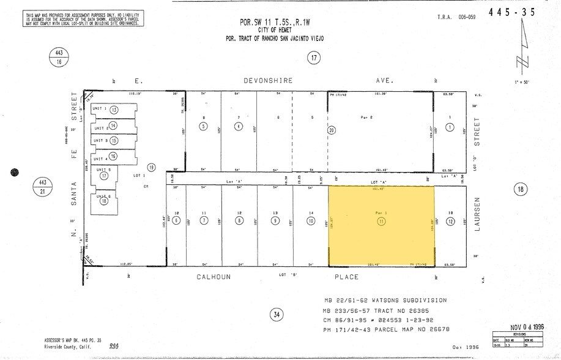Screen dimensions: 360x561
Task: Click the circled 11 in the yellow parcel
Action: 382,221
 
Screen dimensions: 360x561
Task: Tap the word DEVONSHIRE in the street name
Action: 267,80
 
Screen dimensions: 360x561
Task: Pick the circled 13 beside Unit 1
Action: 114,109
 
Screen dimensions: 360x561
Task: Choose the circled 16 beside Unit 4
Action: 113,156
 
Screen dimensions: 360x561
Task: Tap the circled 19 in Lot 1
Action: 151,167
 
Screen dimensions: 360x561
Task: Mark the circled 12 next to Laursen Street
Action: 450,221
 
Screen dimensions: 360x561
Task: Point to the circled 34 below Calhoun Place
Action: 277,315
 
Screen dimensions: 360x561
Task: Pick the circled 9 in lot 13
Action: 275,221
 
